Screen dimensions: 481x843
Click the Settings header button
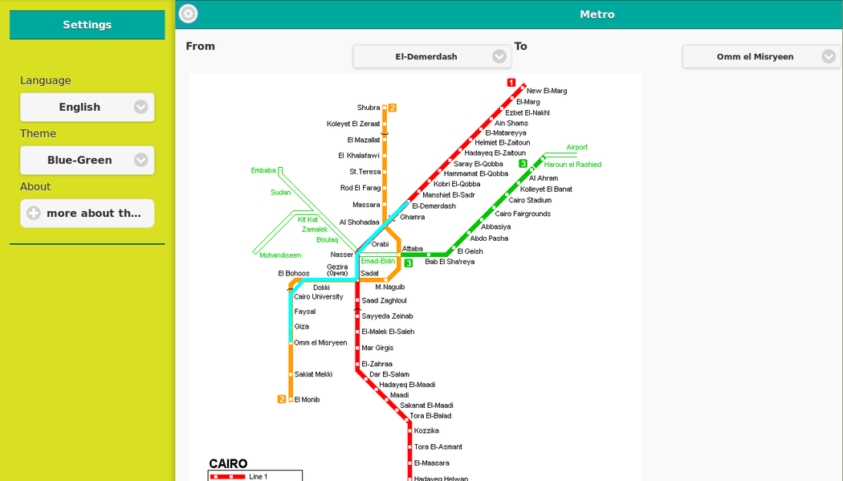coord(87,25)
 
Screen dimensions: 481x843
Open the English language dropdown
coord(88,107)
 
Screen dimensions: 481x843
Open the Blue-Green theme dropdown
coord(88,160)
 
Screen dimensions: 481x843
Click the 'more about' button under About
coord(88,213)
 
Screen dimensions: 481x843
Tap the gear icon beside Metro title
coord(188,14)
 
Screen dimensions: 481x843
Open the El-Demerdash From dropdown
coord(432,57)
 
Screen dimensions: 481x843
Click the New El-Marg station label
coord(547,91)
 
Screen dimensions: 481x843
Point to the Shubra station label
coord(369,108)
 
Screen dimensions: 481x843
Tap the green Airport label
coord(577,147)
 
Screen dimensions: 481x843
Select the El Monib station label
coord(307,400)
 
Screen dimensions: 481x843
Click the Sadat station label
coord(370,273)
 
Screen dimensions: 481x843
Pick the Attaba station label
coord(413,249)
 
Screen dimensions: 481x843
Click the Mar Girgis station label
coord(377,348)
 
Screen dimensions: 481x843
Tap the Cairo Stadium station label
coord(530,200)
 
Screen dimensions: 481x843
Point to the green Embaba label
coord(263,170)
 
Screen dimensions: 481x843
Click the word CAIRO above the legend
coord(228,463)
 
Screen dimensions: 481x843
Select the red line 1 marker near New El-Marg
coord(511,83)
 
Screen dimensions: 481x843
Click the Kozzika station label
coord(426,431)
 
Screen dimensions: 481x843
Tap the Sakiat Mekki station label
coord(313,374)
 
